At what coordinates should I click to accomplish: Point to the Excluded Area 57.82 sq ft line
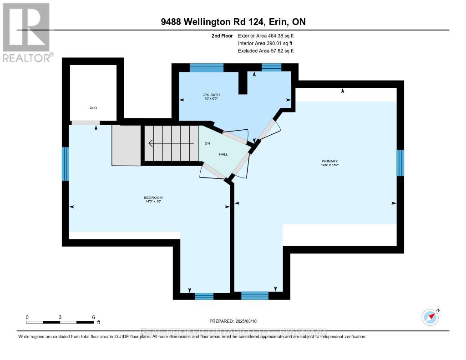(266, 51)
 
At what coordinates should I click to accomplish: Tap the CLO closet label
(93, 108)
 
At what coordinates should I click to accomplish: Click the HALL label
(223, 154)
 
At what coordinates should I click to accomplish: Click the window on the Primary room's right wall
(400, 163)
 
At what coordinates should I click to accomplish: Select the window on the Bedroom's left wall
(66, 164)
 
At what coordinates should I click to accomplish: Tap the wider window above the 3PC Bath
(207, 68)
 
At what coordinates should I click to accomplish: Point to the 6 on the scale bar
(93, 317)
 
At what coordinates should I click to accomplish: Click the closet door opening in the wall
(86, 122)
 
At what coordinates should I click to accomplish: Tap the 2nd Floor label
(223, 35)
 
